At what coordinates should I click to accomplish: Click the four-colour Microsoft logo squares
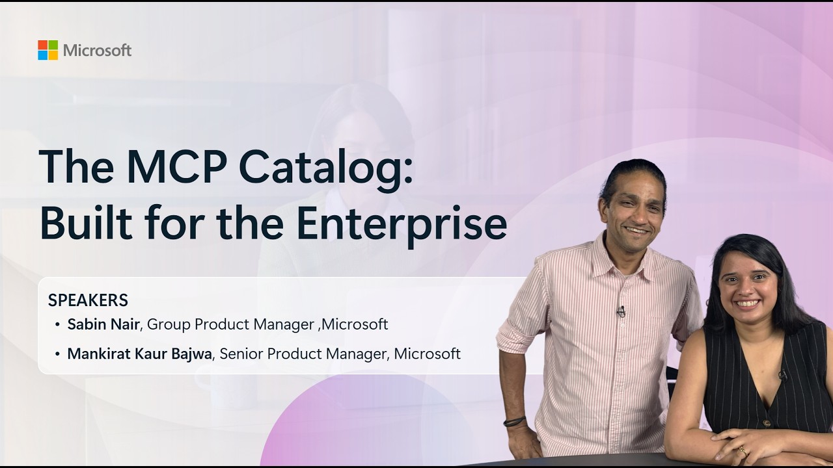click(x=48, y=50)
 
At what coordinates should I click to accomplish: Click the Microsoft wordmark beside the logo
click(x=98, y=50)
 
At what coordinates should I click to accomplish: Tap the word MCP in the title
click(x=176, y=166)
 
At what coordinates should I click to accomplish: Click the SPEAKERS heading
click(x=88, y=300)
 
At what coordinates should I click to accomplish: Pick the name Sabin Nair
click(x=103, y=324)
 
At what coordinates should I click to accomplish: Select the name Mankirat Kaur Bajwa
click(x=139, y=354)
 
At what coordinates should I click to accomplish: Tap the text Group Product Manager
click(x=230, y=324)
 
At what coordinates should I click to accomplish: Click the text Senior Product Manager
click(x=303, y=354)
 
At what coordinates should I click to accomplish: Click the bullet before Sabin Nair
click(x=57, y=324)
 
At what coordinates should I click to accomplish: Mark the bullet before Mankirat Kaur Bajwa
click(x=57, y=354)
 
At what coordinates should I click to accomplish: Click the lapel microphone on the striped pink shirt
click(x=621, y=311)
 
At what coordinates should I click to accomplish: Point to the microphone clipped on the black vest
click(x=783, y=375)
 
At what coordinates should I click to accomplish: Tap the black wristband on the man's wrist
click(x=515, y=422)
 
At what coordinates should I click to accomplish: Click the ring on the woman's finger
click(x=743, y=451)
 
